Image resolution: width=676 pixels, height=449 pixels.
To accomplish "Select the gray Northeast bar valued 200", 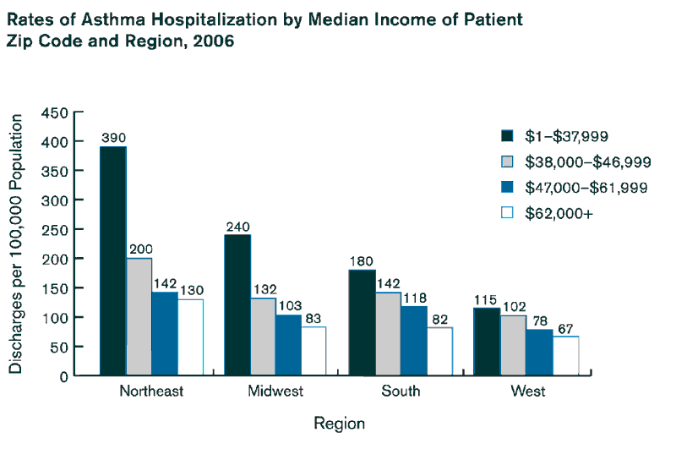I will click(139, 316).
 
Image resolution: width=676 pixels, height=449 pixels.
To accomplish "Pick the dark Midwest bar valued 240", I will click(237, 304).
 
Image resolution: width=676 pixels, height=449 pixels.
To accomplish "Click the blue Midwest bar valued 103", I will click(288, 344).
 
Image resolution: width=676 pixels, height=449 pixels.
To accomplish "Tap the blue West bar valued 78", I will click(538, 352).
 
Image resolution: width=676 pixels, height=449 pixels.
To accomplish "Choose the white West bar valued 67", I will click(564, 355).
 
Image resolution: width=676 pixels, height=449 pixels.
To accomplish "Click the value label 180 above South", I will click(362, 260).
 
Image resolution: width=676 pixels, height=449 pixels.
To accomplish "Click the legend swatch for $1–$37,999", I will click(507, 135).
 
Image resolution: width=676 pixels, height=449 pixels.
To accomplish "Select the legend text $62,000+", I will click(559, 214).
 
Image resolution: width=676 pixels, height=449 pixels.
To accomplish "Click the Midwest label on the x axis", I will click(275, 392).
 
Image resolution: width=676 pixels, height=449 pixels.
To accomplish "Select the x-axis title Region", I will click(339, 423).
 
